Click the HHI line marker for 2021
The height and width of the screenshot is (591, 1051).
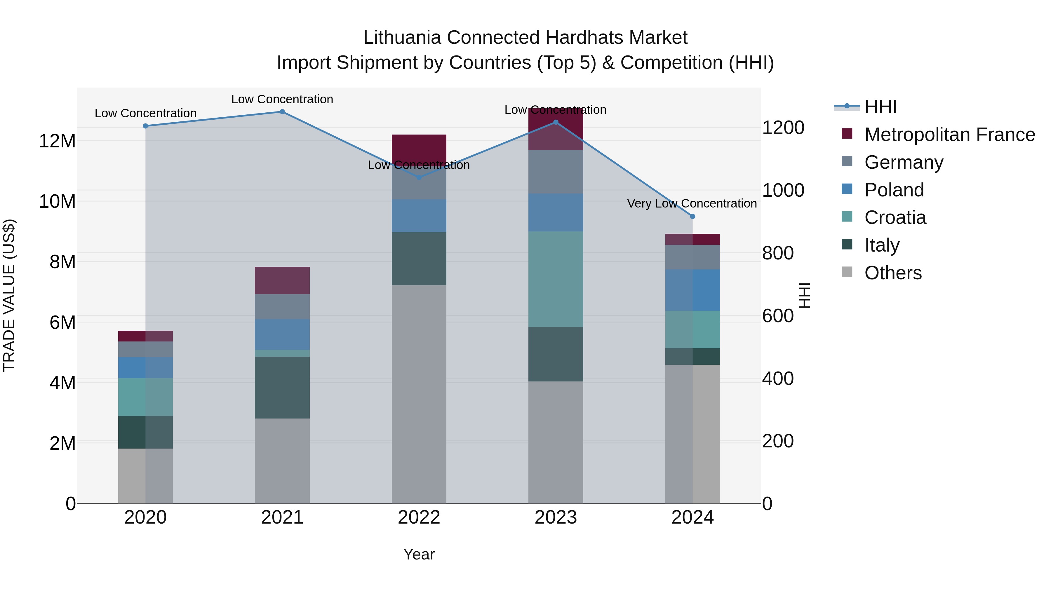tap(282, 112)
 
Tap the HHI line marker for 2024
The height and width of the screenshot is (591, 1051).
tap(692, 217)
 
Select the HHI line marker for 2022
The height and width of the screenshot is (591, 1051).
tap(419, 177)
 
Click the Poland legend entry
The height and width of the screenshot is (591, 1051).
tap(894, 190)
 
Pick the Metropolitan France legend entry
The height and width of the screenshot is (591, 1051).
tap(949, 135)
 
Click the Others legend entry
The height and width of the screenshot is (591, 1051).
tap(893, 273)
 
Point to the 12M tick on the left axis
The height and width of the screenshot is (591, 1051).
tap(57, 141)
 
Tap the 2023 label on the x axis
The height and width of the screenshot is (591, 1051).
tap(556, 517)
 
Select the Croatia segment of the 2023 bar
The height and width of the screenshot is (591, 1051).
tap(556, 279)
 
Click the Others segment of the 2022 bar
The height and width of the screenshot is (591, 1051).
tap(419, 394)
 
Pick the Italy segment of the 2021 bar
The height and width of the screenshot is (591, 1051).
tap(282, 388)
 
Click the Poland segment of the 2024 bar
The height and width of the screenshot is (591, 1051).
tap(692, 290)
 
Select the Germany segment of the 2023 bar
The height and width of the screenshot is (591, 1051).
tap(556, 172)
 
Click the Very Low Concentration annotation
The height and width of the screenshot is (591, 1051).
tap(692, 203)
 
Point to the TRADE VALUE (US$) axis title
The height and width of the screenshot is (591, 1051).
tap(9, 296)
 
